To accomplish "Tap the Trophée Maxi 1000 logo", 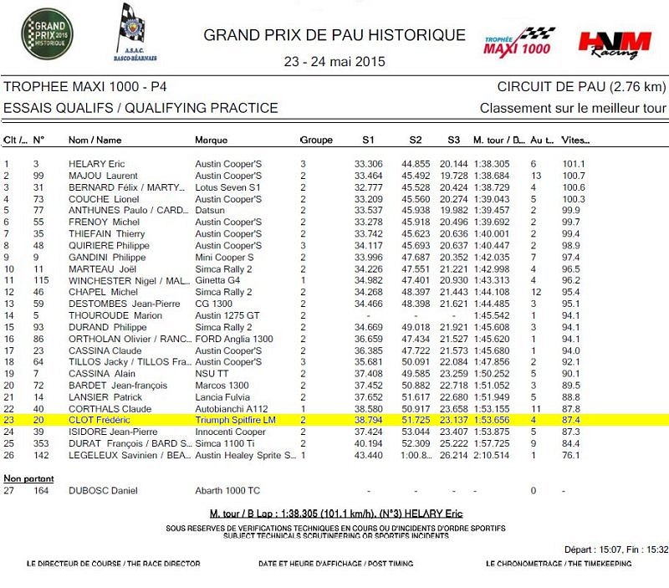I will [x=518, y=41].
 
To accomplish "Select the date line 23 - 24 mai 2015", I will [x=334, y=61].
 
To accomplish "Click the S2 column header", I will [x=416, y=140].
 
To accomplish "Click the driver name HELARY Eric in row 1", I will [x=96, y=164].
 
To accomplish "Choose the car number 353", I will [x=40, y=443].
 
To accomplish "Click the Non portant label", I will [x=28, y=478].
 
